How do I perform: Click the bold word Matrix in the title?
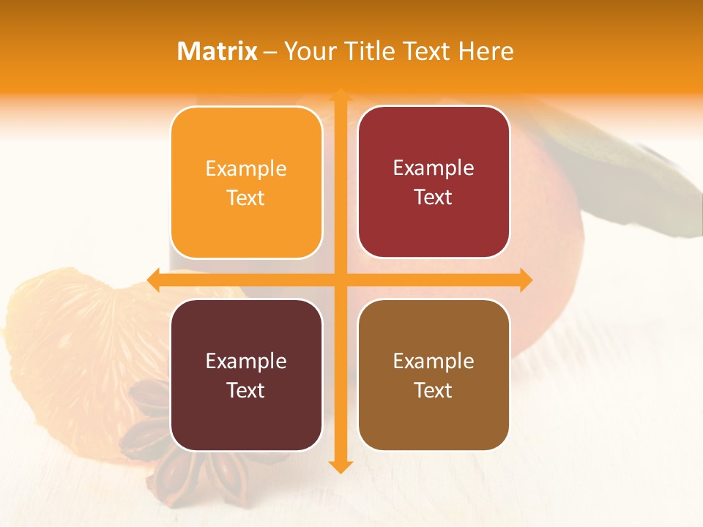click(217, 51)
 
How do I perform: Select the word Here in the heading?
click(486, 51)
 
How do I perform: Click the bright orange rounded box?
click(246, 182)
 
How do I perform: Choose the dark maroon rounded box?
click(246, 375)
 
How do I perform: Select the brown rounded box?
click(434, 375)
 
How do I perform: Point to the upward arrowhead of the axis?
click(340, 94)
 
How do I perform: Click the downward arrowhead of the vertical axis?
click(340, 466)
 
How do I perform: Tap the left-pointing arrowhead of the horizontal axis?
click(154, 280)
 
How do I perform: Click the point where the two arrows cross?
click(340, 280)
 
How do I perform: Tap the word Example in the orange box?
click(246, 169)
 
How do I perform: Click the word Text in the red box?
click(434, 197)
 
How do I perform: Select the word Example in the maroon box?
click(246, 361)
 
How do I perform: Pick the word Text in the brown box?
click(434, 390)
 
